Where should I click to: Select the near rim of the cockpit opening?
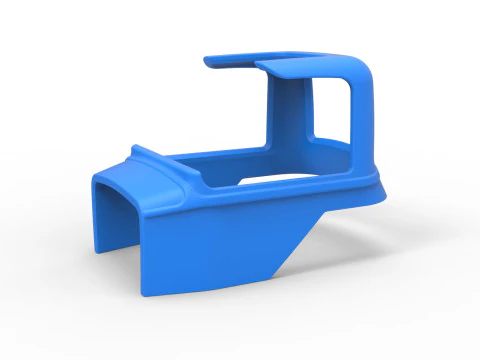click(x=250, y=193)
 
